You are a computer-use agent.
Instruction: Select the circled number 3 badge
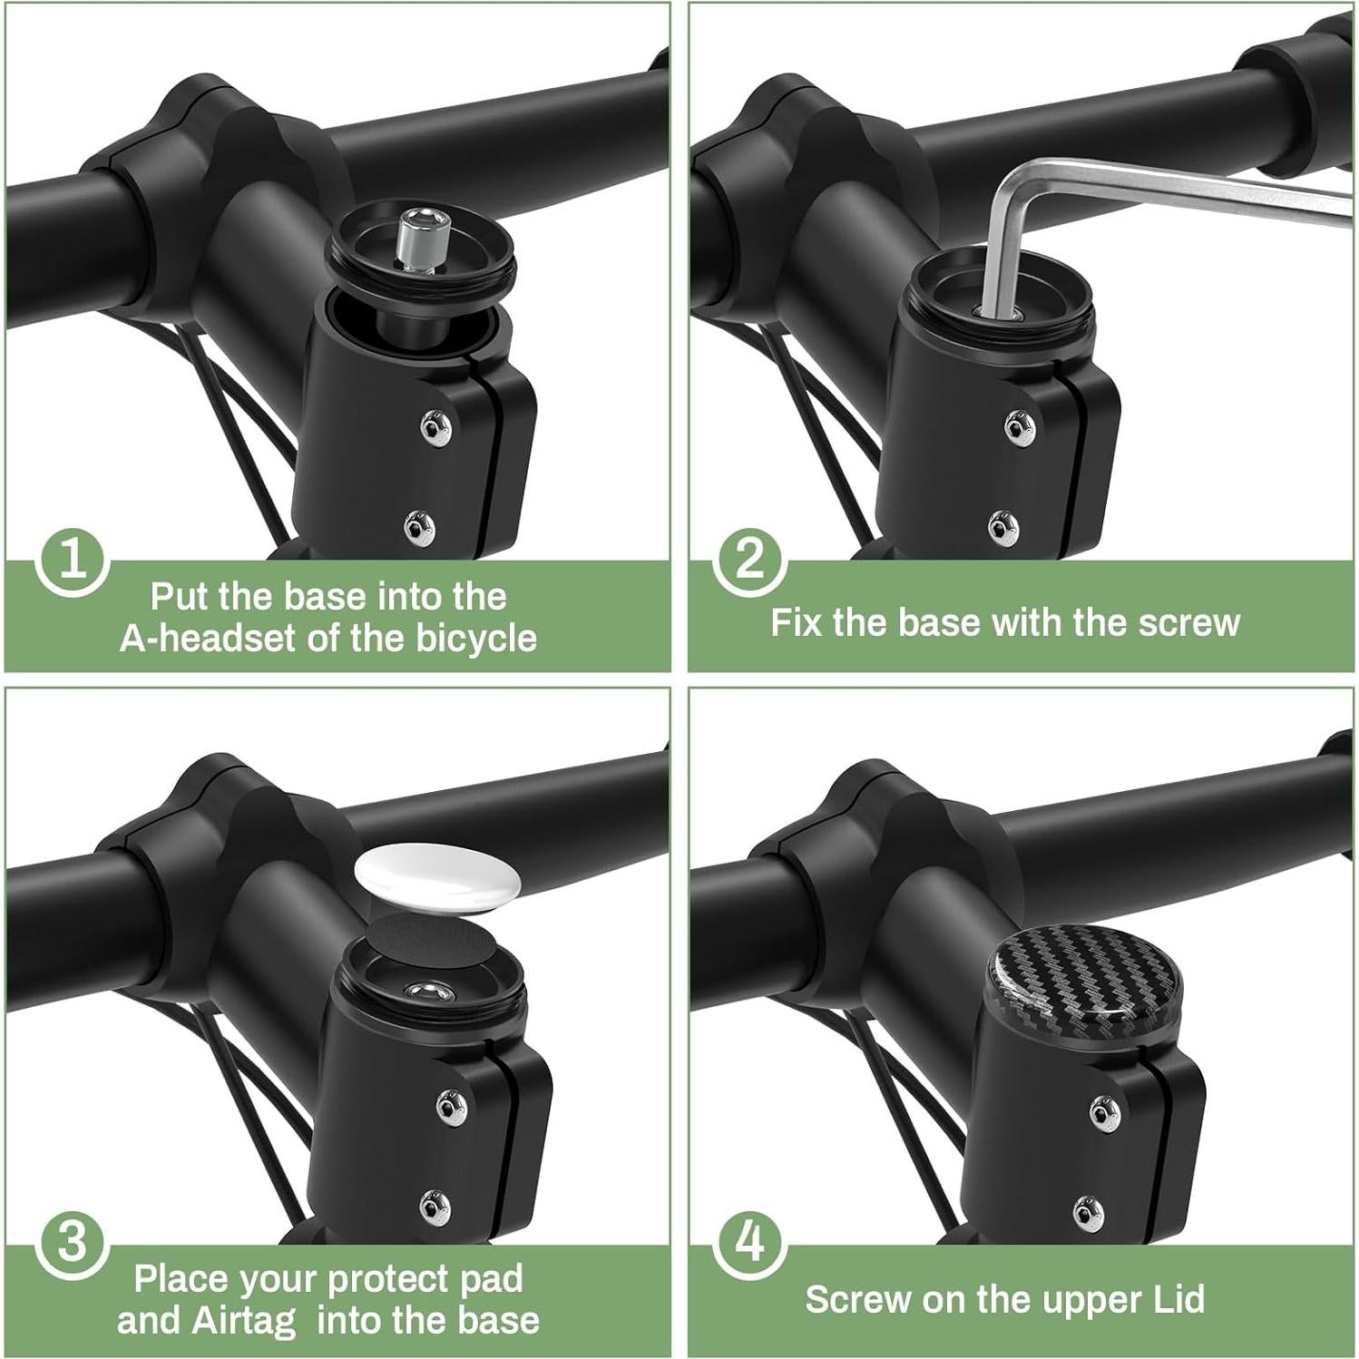point(73,1243)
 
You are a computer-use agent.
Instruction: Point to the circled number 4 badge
point(749,1243)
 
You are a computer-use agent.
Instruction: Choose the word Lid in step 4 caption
point(1178,1300)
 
